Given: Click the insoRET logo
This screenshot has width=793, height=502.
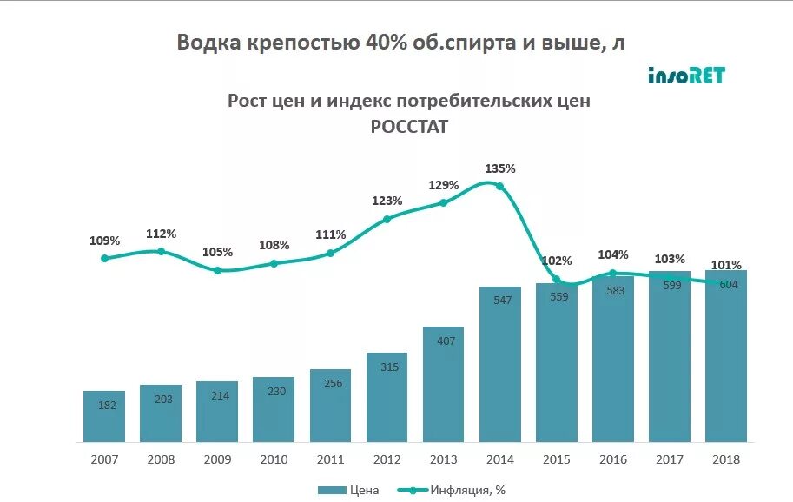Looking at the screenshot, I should tap(686, 76).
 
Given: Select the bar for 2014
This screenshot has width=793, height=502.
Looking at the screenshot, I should tap(499, 365).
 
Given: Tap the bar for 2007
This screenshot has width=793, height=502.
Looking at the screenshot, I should tap(104, 417).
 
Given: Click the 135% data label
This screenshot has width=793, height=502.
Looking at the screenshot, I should tap(499, 168).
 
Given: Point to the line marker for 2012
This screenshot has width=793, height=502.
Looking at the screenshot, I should tap(387, 219).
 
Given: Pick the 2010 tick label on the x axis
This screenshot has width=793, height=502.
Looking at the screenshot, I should tap(274, 459).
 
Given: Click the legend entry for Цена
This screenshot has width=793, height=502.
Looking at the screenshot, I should tap(348, 490).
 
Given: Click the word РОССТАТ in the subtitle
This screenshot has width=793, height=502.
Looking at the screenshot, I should tap(409, 127).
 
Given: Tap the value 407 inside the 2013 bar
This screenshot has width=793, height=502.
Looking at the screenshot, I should tap(443, 340).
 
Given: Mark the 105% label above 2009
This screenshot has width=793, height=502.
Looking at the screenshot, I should tap(217, 252).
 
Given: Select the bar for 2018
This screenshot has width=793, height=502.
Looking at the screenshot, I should tap(726, 356).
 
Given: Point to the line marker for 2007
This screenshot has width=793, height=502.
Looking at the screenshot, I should tap(104, 258).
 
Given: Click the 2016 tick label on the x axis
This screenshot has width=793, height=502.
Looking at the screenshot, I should tap(612, 459).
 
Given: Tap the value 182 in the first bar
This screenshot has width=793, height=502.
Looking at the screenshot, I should tap(104, 405).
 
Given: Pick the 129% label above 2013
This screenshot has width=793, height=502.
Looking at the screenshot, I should tap(443, 185).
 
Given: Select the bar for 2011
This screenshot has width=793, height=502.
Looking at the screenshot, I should tap(330, 406).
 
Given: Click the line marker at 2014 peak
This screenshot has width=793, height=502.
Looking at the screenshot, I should tap(499, 185).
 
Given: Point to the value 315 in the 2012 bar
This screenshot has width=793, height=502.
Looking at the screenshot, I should tap(387, 367).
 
